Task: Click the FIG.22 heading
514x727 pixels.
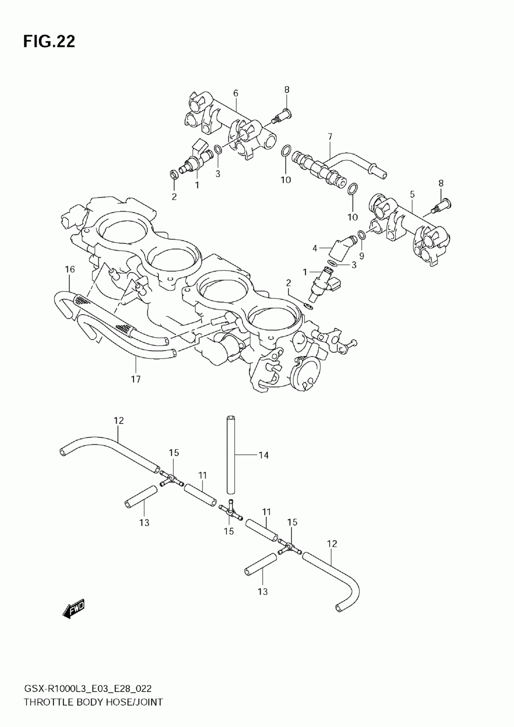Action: (49, 42)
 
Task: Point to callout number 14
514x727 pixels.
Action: (263, 455)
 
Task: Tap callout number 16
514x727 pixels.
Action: (70, 270)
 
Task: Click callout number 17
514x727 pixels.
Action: (136, 379)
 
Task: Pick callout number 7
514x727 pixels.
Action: (330, 137)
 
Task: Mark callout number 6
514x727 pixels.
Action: (235, 93)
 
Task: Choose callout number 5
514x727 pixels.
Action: (412, 195)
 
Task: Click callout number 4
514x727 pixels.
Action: (315, 249)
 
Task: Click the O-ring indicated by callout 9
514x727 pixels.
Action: (361, 235)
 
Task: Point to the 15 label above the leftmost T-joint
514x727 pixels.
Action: (174, 452)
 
